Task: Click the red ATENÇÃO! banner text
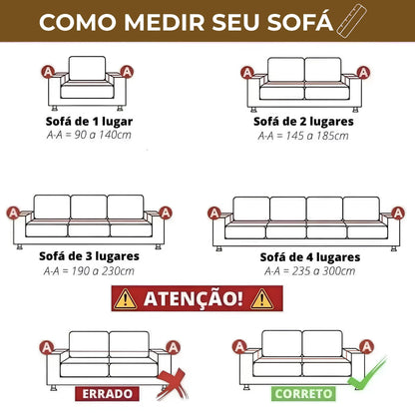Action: point(194,297)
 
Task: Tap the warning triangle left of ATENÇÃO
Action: point(127,297)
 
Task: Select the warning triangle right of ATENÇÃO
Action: point(261,297)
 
